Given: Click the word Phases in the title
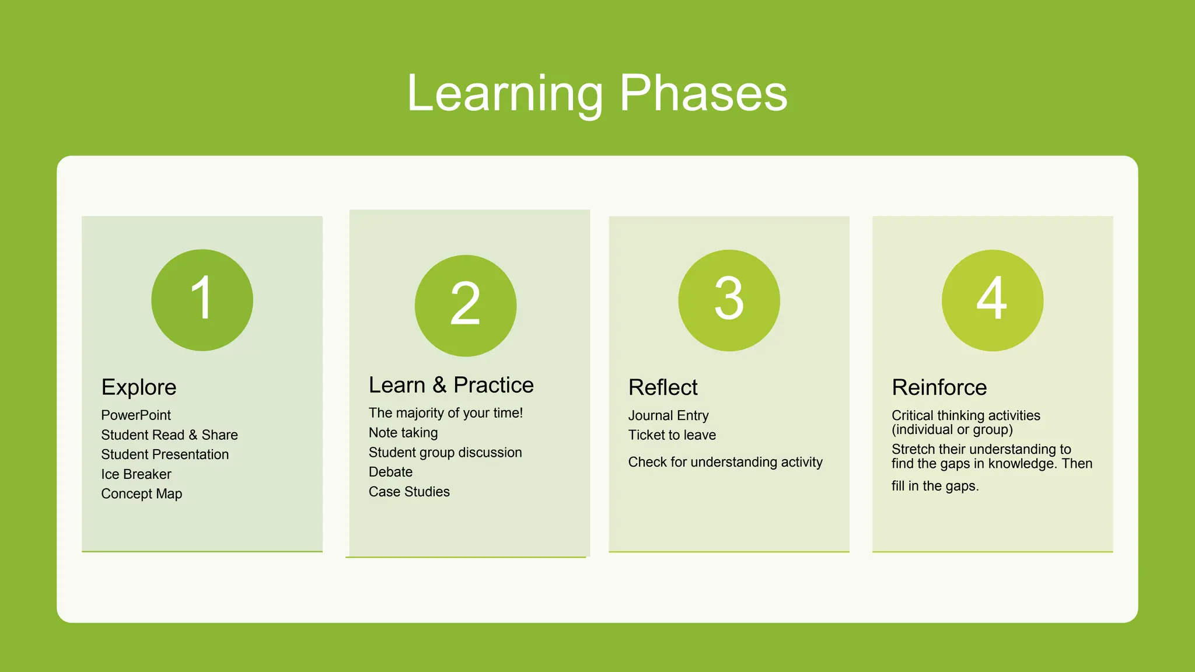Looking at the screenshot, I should click(x=703, y=93).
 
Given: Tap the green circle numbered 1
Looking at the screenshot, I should click(x=202, y=300).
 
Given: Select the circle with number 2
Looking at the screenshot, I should click(x=465, y=305).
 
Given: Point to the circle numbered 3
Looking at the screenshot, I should click(x=729, y=300).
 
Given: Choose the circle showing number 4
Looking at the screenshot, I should click(x=992, y=300).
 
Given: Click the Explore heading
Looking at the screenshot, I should click(x=139, y=387).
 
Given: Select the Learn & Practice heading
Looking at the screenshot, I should click(x=451, y=385).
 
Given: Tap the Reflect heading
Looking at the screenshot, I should click(x=663, y=387).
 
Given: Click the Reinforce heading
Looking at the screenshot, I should click(x=939, y=387).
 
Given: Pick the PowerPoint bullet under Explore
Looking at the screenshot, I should click(x=136, y=415).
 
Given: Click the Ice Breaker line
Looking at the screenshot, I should click(x=136, y=474).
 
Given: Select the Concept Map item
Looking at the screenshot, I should click(x=141, y=494).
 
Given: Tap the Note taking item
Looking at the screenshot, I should click(x=403, y=433).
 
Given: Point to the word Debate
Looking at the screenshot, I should click(x=390, y=472).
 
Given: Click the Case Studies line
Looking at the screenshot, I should click(x=409, y=492).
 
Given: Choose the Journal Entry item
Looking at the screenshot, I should click(x=668, y=416).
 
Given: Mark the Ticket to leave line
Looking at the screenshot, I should click(x=672, y=435).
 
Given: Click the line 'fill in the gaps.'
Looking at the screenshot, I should click(x=935, y=486).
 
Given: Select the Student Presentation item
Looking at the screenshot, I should click(x=165, y=454).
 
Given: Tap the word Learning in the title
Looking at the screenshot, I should click(x=505, y=93).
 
